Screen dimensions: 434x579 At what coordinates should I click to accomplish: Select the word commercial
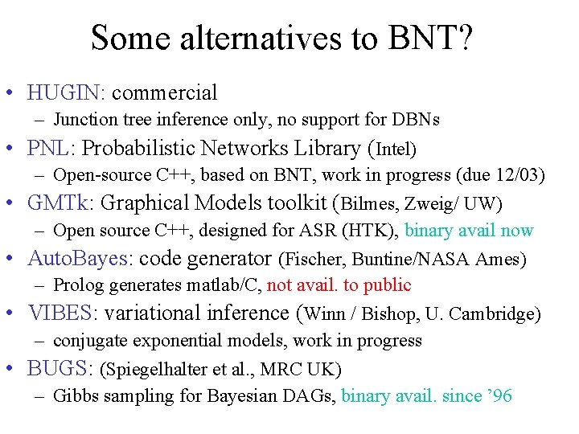tap(165, 93)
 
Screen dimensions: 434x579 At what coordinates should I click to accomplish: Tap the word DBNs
tap(415, 120)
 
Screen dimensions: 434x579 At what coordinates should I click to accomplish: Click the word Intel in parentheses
tap(394, 149)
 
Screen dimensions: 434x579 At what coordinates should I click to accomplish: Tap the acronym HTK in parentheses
tap(368, 231)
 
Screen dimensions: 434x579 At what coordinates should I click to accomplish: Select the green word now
tap(516, 231)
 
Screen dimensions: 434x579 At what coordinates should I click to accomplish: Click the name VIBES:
tap(62, 313)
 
